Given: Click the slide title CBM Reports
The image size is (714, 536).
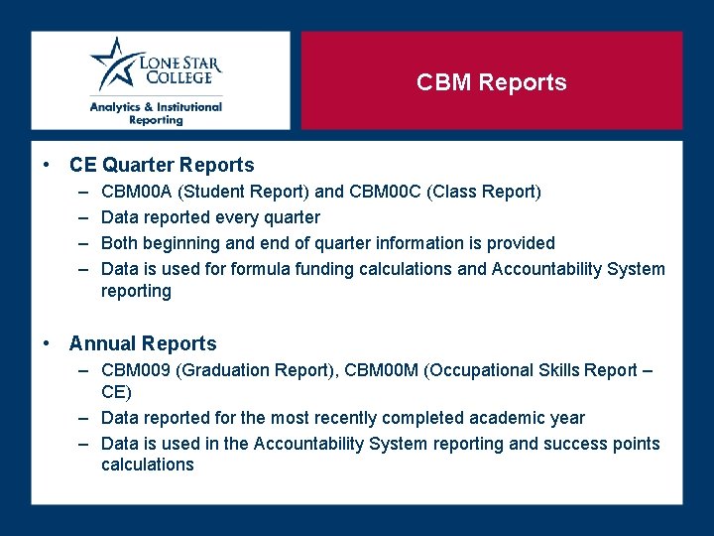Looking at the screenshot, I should pyautogui.click(x=491, y=82).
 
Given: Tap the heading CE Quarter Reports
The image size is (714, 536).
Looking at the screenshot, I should pyautogui.click(x=162, y=166).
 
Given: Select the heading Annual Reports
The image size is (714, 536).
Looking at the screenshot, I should pyautogui.click(x=143, y=344).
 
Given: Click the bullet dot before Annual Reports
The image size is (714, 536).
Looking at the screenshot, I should pyautogui.click(x=48, y=344).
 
